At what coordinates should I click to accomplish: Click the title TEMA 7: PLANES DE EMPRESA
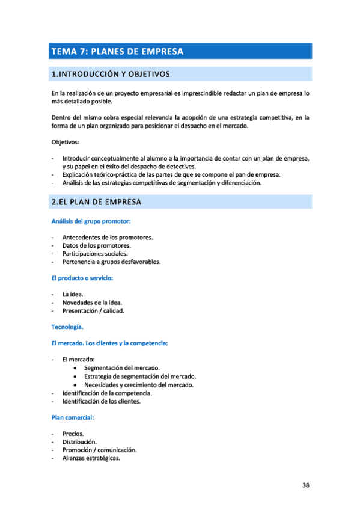[x=118, y=51]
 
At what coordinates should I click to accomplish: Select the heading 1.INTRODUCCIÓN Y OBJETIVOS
[x=111, y=75]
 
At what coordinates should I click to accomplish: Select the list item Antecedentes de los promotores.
[x=107, y=237]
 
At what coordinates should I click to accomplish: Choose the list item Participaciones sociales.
[x=95, y=254]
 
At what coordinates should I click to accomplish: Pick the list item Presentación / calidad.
[x=93, y=311]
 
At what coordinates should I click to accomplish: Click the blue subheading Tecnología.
[x=67, y=327]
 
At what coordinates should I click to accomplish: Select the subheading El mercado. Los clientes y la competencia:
[x=109, y=343]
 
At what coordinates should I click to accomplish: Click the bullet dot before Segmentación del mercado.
[x=74, y=368]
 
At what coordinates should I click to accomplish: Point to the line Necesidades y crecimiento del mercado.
[x=139, y=384]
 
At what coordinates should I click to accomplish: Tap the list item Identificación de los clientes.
[x=101, y=401]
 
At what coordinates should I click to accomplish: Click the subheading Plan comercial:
[x=73, y=417]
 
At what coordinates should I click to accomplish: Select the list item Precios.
[x=73, y=433]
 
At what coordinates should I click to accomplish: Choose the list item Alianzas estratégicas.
[x=91, y=458]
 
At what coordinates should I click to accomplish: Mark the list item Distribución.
[x=79, y=441]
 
